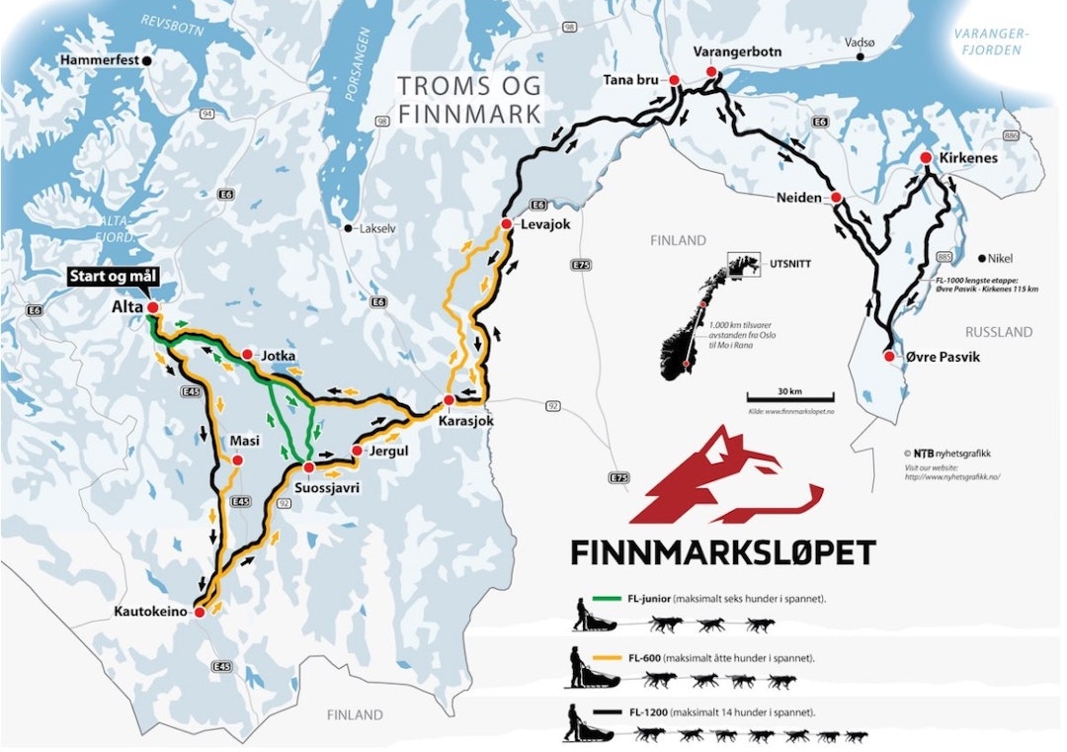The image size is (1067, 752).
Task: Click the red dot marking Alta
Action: coord(152,308)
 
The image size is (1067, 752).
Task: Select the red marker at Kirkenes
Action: coord(926,158)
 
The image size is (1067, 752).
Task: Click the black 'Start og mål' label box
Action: coord(109,278)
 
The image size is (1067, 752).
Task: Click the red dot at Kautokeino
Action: coord(199,613)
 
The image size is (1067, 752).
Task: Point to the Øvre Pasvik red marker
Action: coord(889,356)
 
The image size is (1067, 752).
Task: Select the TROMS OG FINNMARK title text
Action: coord(469,100)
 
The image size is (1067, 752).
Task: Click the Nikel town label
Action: coord(1004,254)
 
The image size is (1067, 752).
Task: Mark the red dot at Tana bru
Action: coord(674,80)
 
